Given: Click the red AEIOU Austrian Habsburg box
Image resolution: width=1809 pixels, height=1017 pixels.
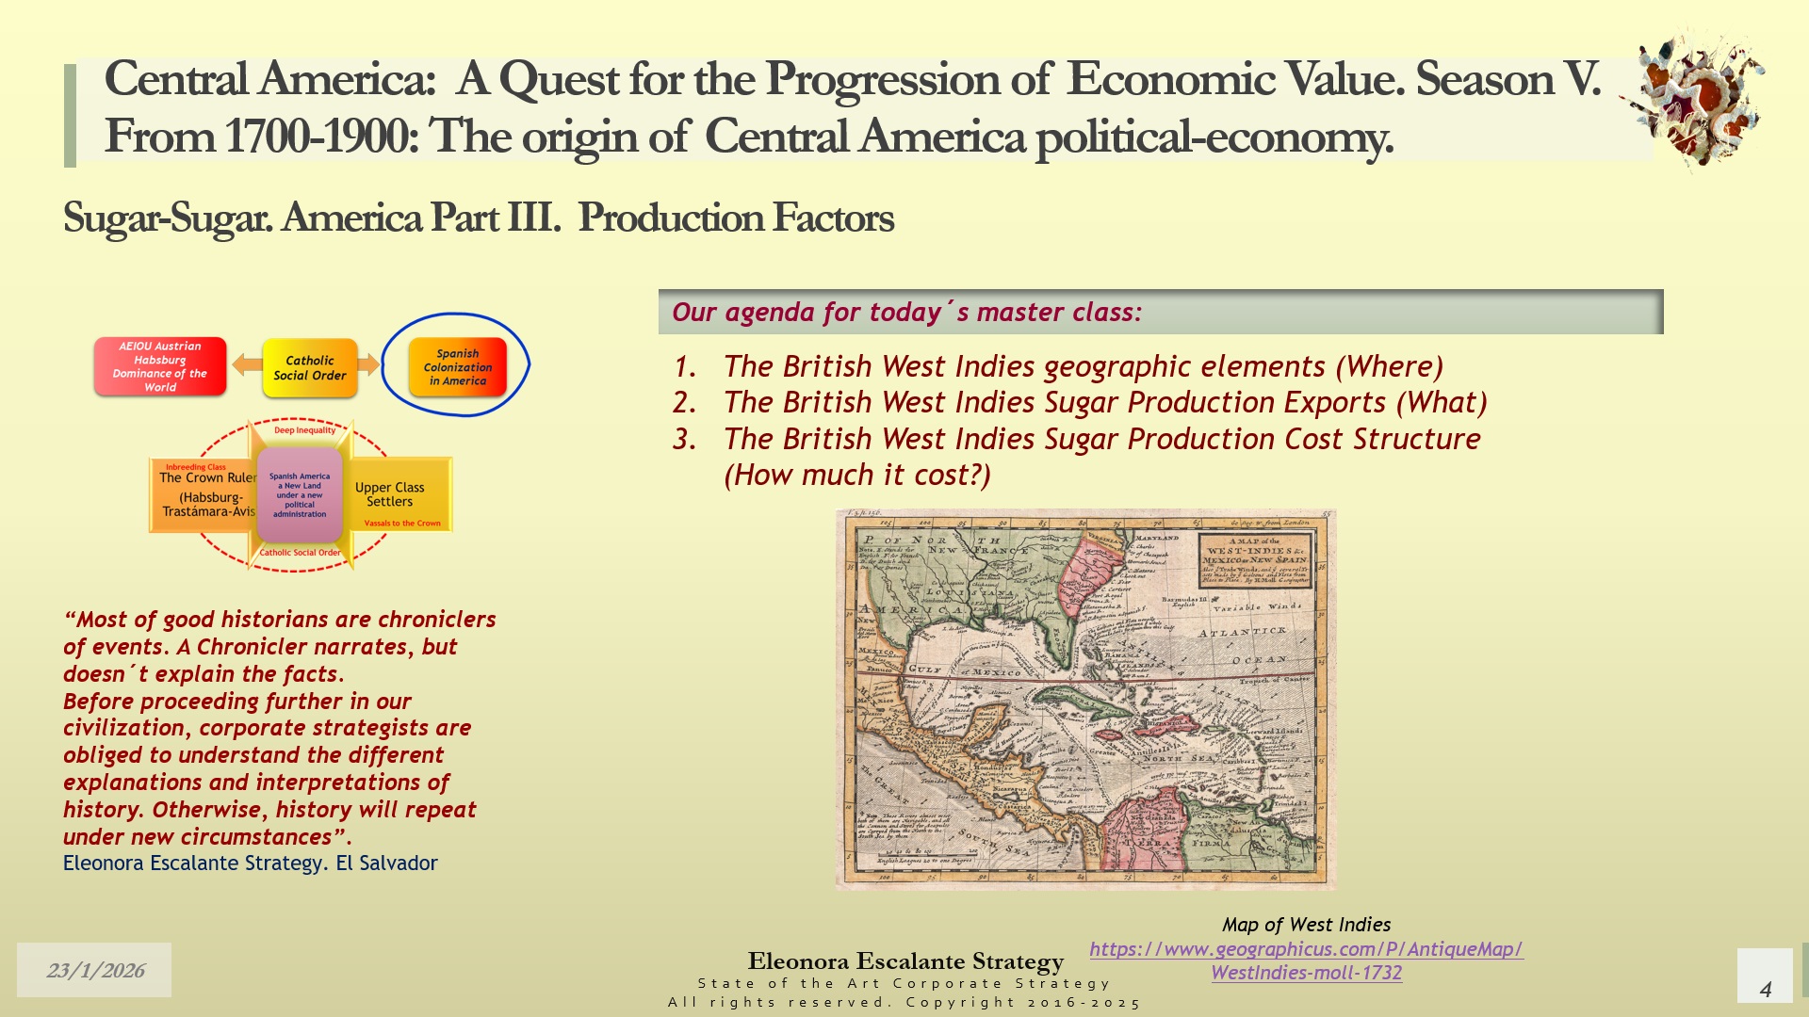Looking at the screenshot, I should pyautogui.click(x=159, y=366).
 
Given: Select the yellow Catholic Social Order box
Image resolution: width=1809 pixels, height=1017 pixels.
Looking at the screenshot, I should pyautogui.click(x=309, y=367).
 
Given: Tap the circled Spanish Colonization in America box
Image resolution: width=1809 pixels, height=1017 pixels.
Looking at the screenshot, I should pyautogui.click(x=457, y=367).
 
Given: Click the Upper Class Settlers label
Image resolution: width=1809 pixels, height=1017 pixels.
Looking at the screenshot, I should pyautogui.click(x=389, y=494).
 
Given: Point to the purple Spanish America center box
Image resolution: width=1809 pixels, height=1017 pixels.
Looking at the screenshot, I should pyautogui.click(x=300, y=494).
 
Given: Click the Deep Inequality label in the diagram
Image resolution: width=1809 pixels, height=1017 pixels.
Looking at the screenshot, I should pyautogui.click(x=304, y=430).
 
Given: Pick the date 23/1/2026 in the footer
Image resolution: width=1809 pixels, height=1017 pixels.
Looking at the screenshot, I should pyautogui.click(x=95, y=970).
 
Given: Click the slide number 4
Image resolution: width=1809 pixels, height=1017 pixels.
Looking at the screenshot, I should pyautogui.click(x=1765, y=989).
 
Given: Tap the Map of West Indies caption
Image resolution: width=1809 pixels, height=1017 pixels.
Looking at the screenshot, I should pyautogui.click(x=1306, y=925).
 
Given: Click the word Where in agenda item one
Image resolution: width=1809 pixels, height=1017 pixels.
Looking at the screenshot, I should pyautogui.click(x=1389, y=366).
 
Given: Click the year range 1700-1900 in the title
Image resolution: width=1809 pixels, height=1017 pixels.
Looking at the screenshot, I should pyautogui.click(x=320, y=137).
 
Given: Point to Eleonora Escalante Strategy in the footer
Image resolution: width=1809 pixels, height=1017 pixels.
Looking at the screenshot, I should pyautogui.click(x=905, y=961).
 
